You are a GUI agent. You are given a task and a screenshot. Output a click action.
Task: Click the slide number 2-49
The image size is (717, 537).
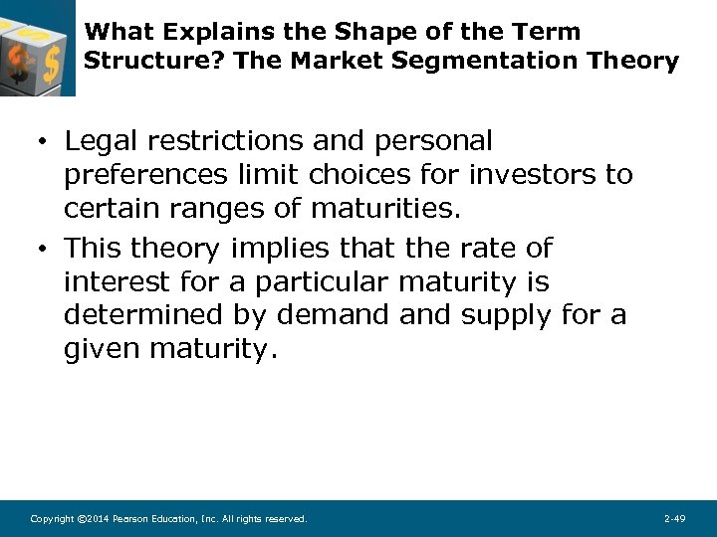674,518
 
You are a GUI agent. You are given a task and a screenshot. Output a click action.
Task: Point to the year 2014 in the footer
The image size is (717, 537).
97,518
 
